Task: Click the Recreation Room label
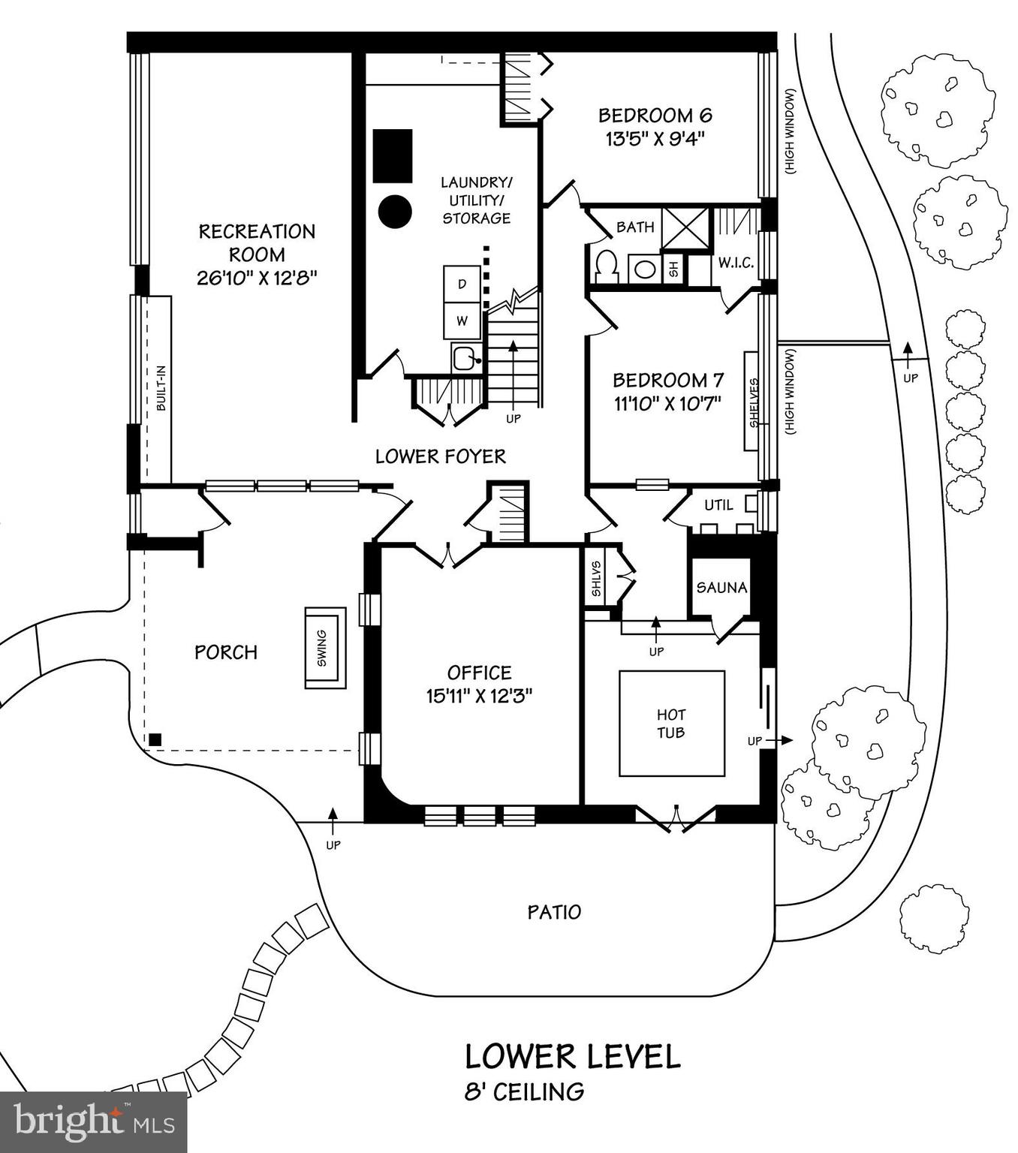(257, 242)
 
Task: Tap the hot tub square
(671, 724)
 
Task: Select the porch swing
(324, 648)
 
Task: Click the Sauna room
(721, 587)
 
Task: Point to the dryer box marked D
(462, 284)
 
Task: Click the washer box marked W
(462, 321)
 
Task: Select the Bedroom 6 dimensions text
(655, 139)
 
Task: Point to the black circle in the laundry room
(395, 212)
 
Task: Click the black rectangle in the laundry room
(393, 155)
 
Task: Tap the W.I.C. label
(736, 263)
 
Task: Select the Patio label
(554, 912)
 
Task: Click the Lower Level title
(572, 1056)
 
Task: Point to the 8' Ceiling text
(524, 1091)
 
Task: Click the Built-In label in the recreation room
(161, 388)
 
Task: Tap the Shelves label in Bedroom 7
(754, 402)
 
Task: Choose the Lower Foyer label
(441, 456)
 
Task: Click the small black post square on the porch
(155, 739)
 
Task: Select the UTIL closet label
(718, 505)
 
